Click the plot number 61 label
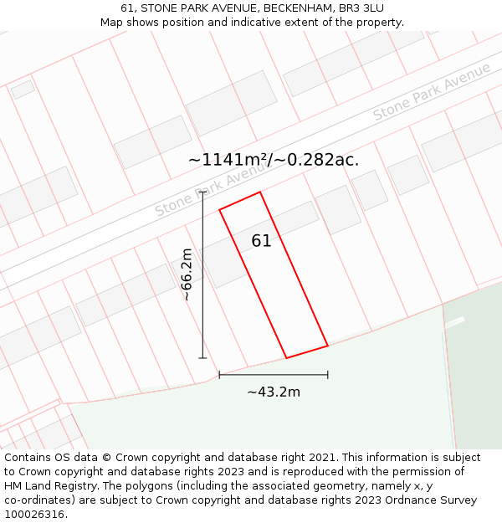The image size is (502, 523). pos(261,241)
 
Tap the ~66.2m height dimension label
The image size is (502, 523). pos(187,274)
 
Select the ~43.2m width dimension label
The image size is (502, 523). pos(274,392)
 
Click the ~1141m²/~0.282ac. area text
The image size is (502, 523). pos(274,159)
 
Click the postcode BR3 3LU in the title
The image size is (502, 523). pos(361,8)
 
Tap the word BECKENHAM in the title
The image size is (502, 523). pos(283,8)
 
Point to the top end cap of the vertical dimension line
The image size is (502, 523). pos(202,192)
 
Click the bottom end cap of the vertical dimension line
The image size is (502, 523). pos(202,358)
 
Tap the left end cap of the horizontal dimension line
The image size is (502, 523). pos(219,375)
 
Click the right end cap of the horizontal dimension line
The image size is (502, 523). pos(328,375)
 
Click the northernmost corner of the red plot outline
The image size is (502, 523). pos(260,192)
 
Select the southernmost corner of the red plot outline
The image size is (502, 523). pos(287,358)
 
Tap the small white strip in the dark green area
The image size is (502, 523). pos(454,322)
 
